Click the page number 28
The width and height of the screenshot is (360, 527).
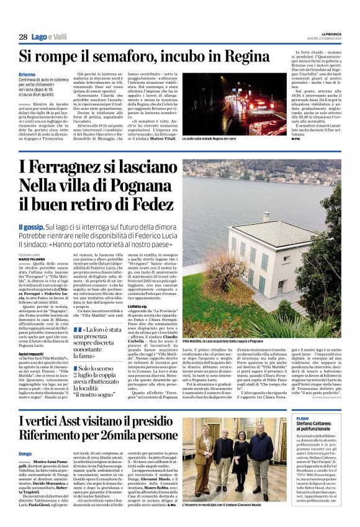point(22,37)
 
